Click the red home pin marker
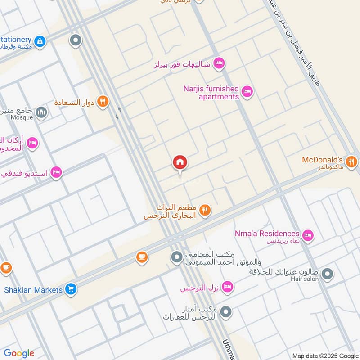(180, 163)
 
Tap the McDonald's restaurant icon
(352, 161)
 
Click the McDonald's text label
(322, 160)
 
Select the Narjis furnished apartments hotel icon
(247, 92)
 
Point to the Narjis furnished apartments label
(211, 93)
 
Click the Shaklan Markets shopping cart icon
(71, 289)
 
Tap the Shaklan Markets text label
(33, 290)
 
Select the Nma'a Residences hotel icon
(308, 234)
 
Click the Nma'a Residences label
(267, 234)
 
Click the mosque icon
(41, 112)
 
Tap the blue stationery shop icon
(40, 41)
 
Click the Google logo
(19, 353)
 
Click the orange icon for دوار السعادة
(103, 102)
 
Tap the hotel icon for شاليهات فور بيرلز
(219, 63)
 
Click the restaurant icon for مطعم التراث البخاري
(205, 210)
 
